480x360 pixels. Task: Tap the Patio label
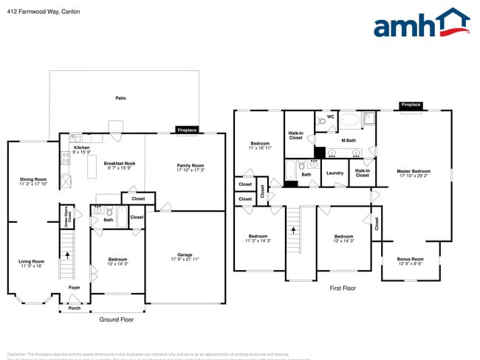pyautogui.click(x=120, y=97)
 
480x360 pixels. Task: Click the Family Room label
pyautogui.click(x=190, y=167)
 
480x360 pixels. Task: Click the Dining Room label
pyautogui.click(x=33, y=181)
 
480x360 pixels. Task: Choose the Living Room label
pyautogui.click(x=32, y=263)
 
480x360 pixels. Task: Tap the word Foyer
pyautogui.click(x=75, y=288)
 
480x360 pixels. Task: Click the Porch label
pyautogui.click(x=75, y=308)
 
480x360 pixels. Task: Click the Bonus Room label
pyautogui.click(x=410, y=260)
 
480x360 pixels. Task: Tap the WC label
pyautogui.click(x=331, y=117)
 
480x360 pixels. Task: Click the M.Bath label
pyautogui.click(x=349, y=139)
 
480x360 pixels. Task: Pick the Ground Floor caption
pyautogui.click(x=117, y=319)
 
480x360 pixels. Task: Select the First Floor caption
pyautogui.click(x=343, y=288)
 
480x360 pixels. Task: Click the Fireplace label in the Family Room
pyautogui.click(x=187, y=130)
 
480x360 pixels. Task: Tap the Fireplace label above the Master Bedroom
pyautogui.click(x=411, y=105)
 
